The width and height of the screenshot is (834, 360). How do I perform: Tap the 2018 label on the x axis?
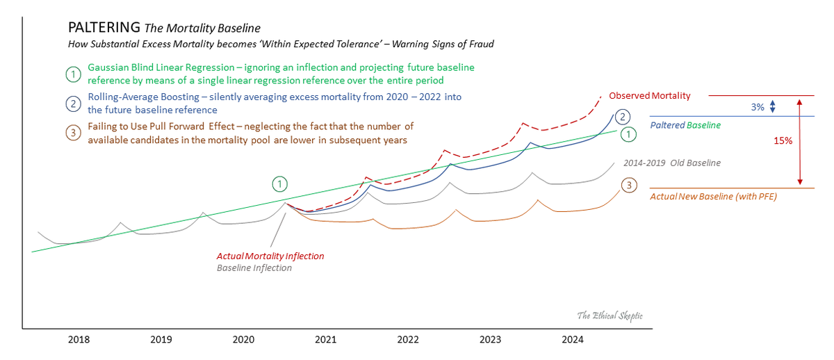pos(79,340)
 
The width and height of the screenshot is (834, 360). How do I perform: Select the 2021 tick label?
pos(325,340)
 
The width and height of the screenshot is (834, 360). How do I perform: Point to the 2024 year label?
pos(572,340)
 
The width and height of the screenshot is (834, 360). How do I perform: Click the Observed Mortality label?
pos(649,96)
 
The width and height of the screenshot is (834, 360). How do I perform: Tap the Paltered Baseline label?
pos(685,125)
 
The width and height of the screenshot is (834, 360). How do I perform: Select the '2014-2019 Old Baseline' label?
pos(672,163)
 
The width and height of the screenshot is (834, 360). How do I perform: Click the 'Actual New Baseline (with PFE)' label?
pos(713,197)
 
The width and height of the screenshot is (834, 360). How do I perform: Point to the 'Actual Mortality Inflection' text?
pos(270,256)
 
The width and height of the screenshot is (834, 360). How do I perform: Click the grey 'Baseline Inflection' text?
pos(254,268)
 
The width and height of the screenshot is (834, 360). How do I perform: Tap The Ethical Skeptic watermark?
pos(610,316)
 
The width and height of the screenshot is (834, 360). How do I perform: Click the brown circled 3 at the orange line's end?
pos(628,186)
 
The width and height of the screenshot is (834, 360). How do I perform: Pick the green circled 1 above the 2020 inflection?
pos(279,184)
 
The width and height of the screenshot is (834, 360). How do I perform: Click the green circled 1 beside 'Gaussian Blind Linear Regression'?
pos(74,73)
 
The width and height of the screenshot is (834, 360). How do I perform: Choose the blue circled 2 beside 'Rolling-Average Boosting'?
pos(74,104)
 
